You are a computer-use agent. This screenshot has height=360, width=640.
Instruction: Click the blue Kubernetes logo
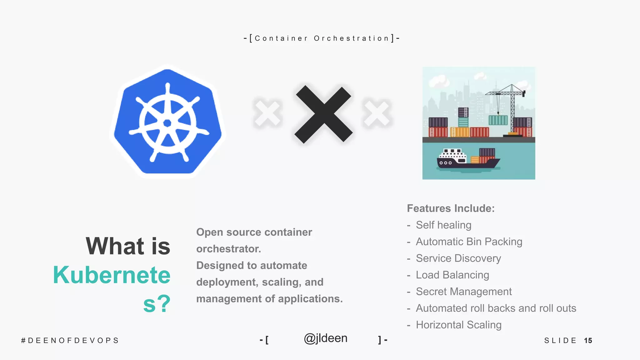168,122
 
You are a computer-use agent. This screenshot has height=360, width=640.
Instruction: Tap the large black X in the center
323,114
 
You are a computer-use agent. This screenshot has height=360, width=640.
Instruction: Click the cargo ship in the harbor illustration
468,159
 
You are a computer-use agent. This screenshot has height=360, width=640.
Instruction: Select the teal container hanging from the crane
498,120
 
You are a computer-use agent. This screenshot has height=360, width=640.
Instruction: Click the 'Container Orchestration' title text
322,38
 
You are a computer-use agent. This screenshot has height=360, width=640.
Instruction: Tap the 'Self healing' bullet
443,225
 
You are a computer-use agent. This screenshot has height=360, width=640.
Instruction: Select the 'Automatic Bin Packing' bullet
469,242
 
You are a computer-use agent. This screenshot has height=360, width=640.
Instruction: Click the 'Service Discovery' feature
458,258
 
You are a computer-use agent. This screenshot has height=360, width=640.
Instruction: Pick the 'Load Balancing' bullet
452,275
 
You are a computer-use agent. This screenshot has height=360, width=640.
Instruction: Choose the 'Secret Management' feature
463,292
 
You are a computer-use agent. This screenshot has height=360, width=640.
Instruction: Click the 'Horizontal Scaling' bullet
458,325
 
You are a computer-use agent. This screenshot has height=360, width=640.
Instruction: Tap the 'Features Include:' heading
451,208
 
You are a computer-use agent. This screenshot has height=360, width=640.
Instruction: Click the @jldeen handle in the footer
325,338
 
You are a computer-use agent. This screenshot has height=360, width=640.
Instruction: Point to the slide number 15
588,340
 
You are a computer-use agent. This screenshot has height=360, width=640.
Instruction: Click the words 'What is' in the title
128,246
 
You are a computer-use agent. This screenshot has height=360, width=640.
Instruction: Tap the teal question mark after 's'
164,303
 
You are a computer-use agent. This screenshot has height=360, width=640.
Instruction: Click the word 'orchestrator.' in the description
228,249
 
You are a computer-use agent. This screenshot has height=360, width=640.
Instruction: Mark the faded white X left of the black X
267,114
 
